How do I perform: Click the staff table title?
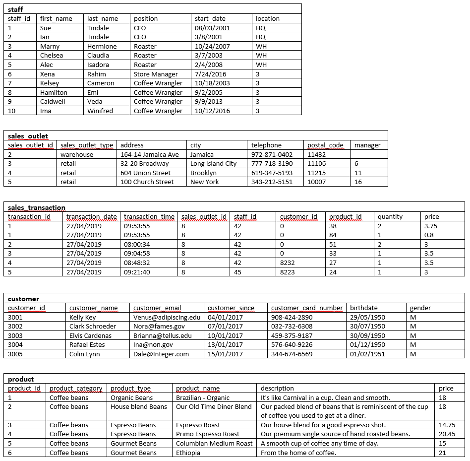(15, 9)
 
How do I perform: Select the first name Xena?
(48, 74)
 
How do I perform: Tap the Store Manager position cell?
(156, 74)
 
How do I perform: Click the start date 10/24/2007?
(212, 46)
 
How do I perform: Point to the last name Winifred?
(100, 111)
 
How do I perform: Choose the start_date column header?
(210, 18)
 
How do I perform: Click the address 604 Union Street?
(145, 173)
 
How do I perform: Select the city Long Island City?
(213, 163)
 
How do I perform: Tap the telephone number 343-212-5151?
(272, 182)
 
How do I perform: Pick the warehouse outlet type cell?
(77, 154)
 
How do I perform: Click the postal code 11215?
(317, 173)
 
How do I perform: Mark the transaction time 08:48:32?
(137, 263)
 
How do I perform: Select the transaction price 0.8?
(429, 235)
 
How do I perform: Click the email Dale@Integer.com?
(161, 354)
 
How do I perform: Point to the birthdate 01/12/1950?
(367, 344)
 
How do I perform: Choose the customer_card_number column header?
(307, 308)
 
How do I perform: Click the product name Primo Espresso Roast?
(208, 434)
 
